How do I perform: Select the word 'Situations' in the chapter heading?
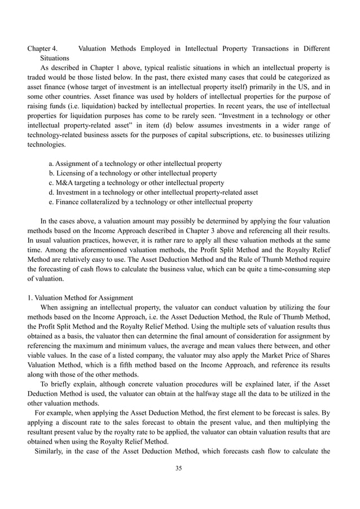[54, 58]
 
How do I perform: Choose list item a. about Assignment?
[135, 163]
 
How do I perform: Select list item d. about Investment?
[153, 192]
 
